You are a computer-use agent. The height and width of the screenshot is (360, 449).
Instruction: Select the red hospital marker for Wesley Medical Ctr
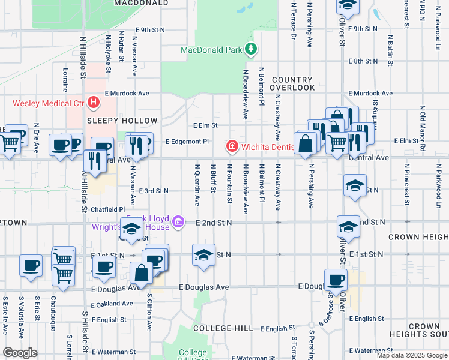[x=94, y=103]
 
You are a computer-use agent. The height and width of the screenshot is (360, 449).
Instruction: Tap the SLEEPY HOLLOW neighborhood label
[x=122, y=121]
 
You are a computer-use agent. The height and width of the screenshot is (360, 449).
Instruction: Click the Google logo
[x=20, y=353]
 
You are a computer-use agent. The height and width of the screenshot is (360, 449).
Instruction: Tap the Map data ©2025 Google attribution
[x=411, y=355]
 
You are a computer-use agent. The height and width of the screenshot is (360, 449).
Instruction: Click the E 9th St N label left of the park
[x=150, y=29]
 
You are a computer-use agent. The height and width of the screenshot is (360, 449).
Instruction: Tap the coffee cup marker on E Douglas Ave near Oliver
[x=336, y=278]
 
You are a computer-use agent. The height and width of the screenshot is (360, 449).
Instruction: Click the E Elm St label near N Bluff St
[x=205, y=125]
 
